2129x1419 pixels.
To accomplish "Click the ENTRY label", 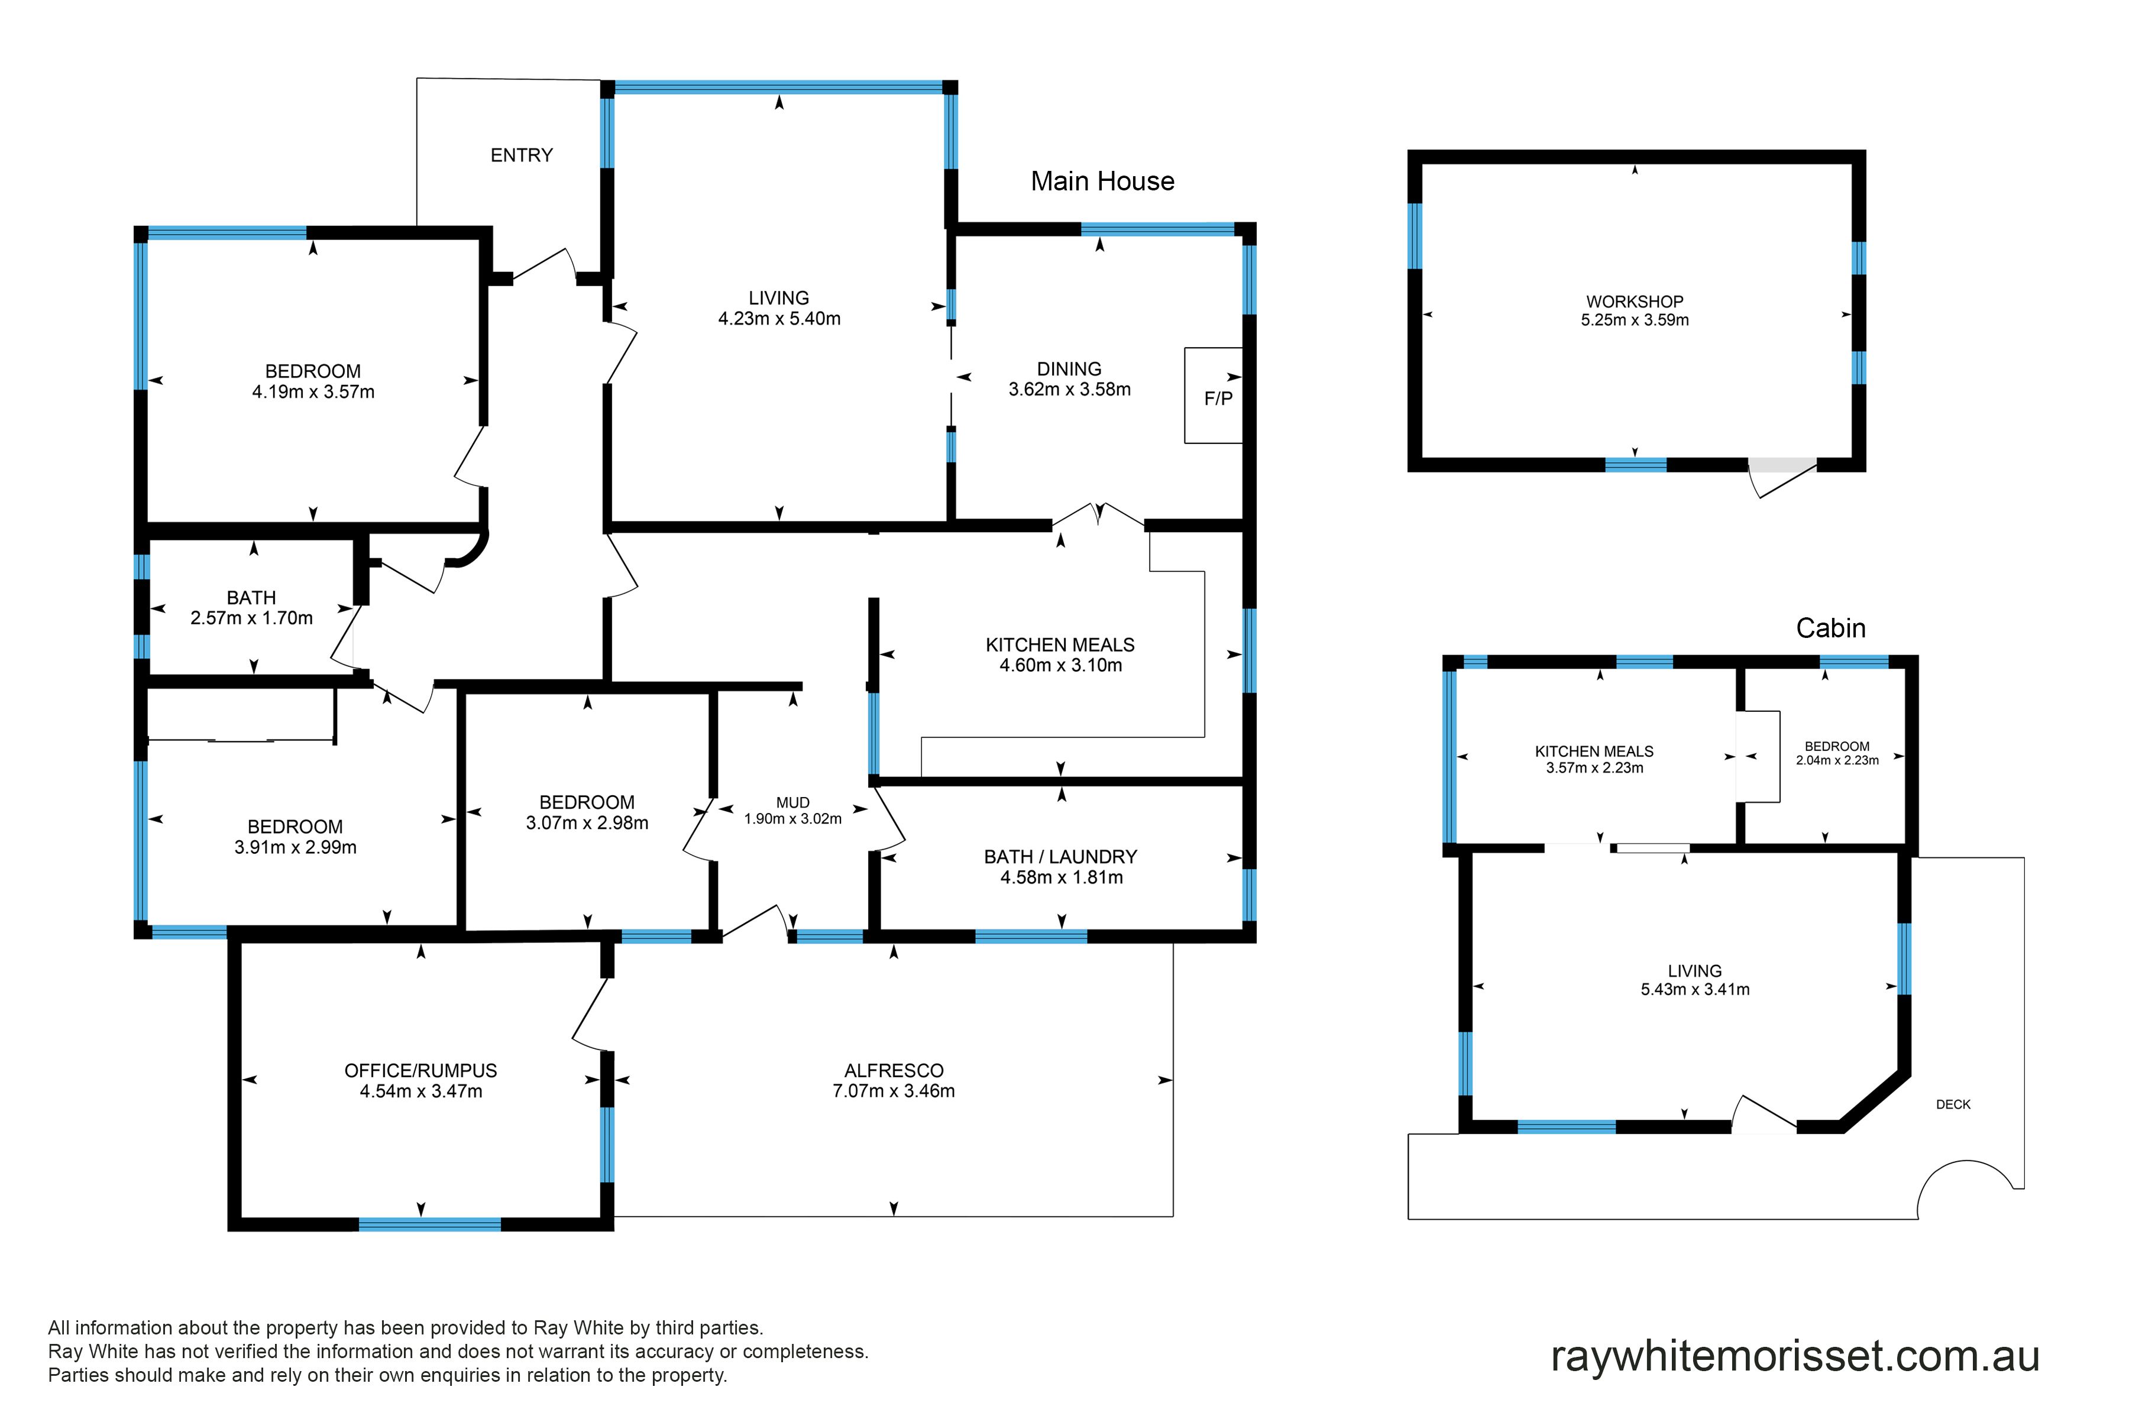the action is (x=522, y=155).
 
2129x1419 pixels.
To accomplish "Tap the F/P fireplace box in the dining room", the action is (x=1213, y=396).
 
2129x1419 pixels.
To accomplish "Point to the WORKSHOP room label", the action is (x=1635, y=302).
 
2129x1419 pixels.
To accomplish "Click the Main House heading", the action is (x=1102, y=181).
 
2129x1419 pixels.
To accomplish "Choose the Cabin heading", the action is (x=1830, y=628).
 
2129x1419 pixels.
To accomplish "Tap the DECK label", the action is (x=1953, y=1104).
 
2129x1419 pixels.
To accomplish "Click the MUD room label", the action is (x=793, y=803).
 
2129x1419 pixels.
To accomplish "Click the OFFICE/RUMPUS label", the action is (x=421, y=1071).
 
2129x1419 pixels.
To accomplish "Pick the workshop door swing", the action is (x=1783, y=480).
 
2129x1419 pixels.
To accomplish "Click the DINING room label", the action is (x=1069, y=369).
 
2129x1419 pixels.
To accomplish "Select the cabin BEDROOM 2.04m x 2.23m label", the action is (x=1837, y=753).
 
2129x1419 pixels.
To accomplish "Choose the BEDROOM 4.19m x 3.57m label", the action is (x=313, y=381).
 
